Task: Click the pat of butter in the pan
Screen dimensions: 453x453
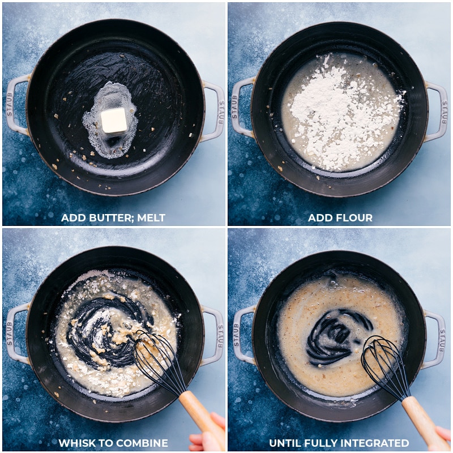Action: (x=114, y=120)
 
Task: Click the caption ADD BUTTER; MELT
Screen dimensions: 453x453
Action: (x=113, y=217)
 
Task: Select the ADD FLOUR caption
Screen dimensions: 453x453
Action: (x=340, y=217)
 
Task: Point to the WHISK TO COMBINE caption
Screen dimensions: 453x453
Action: (x=113, y=443)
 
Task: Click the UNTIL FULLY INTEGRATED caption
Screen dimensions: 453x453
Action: (x=339, y=443)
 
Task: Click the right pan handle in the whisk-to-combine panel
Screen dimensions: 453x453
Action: (x=213, y=336)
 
